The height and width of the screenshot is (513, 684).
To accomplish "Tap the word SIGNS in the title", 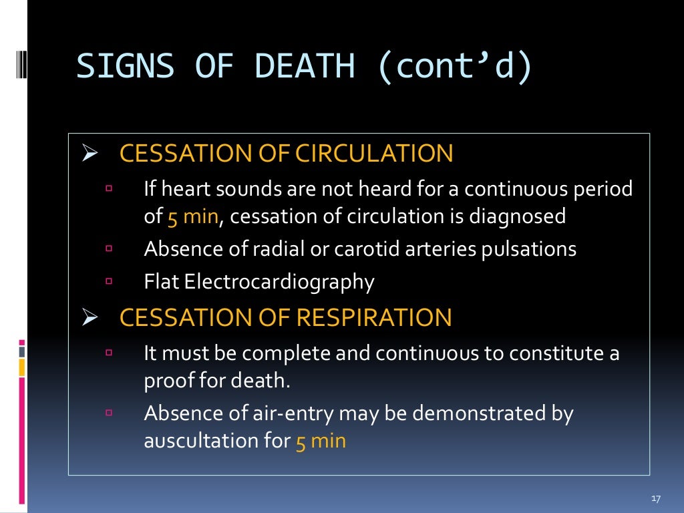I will (x=126, y=67).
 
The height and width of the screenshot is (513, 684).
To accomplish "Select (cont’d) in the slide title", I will (x=456, y=67).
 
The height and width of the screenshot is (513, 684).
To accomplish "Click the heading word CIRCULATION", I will (x=375, y=154).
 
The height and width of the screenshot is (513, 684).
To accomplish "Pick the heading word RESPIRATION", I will (x=374, y=317).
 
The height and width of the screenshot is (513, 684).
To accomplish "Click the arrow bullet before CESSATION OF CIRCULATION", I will (x=90, y=154).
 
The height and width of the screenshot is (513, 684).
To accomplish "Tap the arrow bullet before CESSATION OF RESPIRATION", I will (x=90, y=318).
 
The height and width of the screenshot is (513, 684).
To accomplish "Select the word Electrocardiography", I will (x=279, y=282).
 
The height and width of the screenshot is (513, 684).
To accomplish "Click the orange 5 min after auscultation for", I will (x=321, y=441).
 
